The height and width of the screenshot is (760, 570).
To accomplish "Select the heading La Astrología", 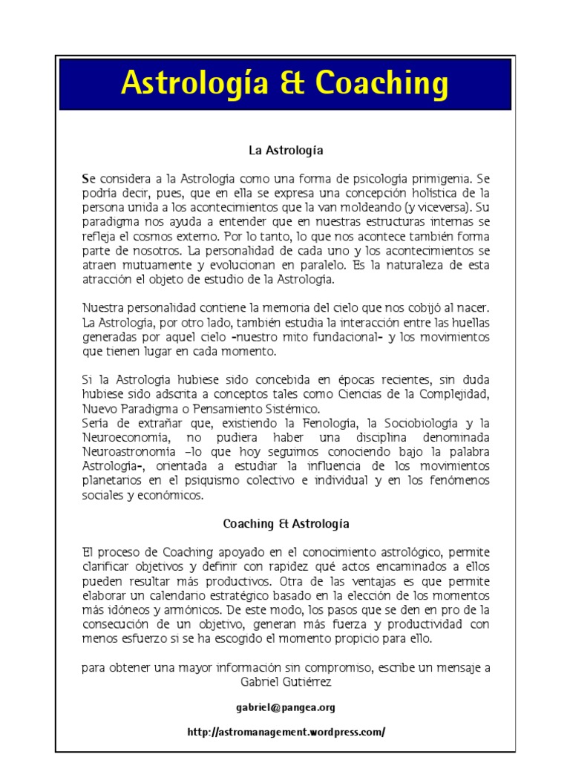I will click(x=286, y=150).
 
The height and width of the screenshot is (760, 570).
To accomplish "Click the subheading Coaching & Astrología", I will click(x=286, y=523).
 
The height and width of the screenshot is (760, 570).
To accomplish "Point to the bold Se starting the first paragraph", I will click(x=88, y=179).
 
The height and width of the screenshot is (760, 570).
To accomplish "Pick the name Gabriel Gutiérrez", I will click(x=286, y=680).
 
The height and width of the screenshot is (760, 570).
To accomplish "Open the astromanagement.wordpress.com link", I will click(x=286, y=732).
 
